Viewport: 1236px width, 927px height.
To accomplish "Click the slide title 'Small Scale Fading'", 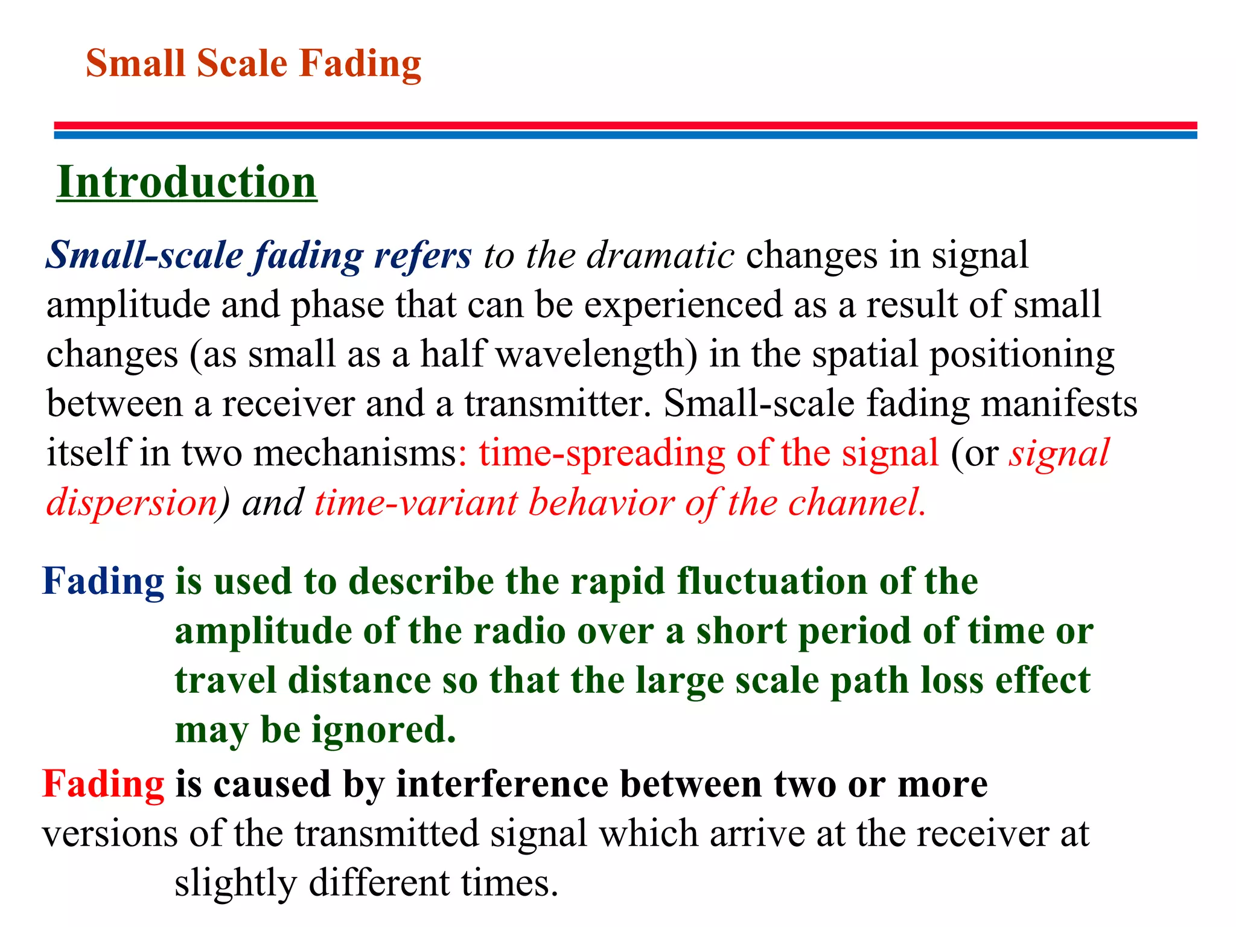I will (x=253, y=63).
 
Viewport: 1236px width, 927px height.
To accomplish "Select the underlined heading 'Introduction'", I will (x=186, y=182).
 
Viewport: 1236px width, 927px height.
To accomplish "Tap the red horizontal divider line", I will (x=625, y=125).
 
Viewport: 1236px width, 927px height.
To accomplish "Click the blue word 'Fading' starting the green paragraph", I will (x=103, y=582).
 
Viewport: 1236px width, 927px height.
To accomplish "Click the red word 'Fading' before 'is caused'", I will (x=103, y=784).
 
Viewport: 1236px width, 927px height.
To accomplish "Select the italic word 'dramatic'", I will (x=660, y=255).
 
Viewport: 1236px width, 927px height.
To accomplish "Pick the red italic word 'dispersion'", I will (x=132, y=503).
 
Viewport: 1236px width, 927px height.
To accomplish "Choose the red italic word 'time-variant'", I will (x=416, y=503).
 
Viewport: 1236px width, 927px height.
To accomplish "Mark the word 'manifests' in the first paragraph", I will (x=1059, y=404).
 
